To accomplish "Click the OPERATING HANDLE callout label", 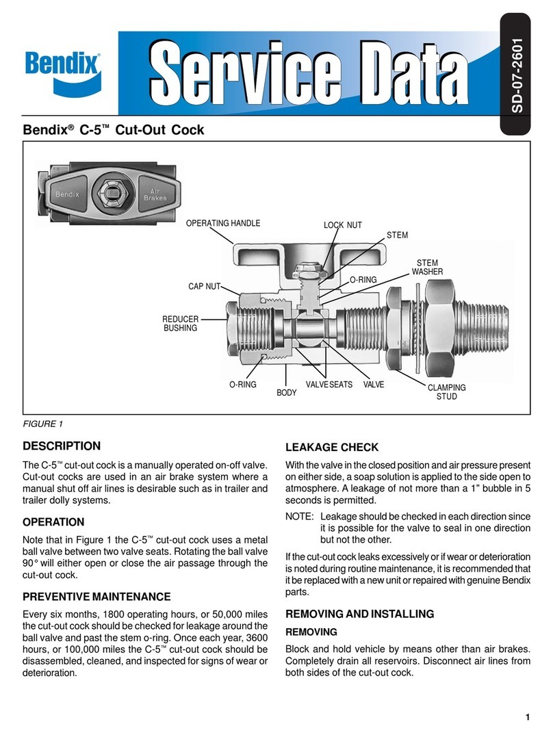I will (x=223, y=223).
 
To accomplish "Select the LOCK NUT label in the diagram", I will (x=342, y=225).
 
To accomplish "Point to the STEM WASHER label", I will (x=427, y=268).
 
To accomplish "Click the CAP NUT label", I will (x=204, y=286).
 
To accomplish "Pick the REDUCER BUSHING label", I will (x=180, y=324).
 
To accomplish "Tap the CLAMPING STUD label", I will (x=446, y=392).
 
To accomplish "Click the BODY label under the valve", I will (x=286, y=393).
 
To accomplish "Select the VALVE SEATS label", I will (x=329, y=385).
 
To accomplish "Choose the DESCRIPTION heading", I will (x=62, y=446).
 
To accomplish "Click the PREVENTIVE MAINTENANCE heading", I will (x=97, y=597).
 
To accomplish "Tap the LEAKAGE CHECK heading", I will (x=331, y=448).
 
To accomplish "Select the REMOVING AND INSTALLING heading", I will (x=359, y=614).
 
